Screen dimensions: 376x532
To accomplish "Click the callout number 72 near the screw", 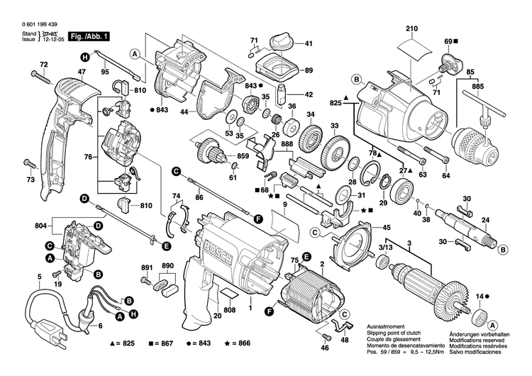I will pos(43,66).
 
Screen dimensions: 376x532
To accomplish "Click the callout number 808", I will pos(230,309).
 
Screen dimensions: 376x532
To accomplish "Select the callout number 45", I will pos(387,228).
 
